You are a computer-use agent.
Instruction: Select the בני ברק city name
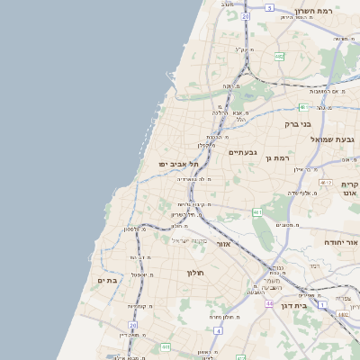click(x=296, y=124)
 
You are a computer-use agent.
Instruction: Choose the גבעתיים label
click(x=243, y=152)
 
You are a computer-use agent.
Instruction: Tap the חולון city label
click(x=196, y=273)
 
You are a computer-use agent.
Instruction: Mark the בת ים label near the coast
click(x=109, y=281)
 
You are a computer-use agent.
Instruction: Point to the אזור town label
click(x=225, y=244)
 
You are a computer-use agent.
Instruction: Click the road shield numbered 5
click(x=269, y=7)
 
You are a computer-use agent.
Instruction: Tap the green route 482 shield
click(x=280, y=56)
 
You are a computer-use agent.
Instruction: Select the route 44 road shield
click(x=269, y=304)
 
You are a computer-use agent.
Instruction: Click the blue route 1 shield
click(x=346, y=315)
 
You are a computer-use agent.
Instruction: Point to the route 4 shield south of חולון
click(x=166, y=346)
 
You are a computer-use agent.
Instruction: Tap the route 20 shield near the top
click(x=246, y=16)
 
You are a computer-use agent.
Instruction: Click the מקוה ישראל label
click(x=189, y=240)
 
